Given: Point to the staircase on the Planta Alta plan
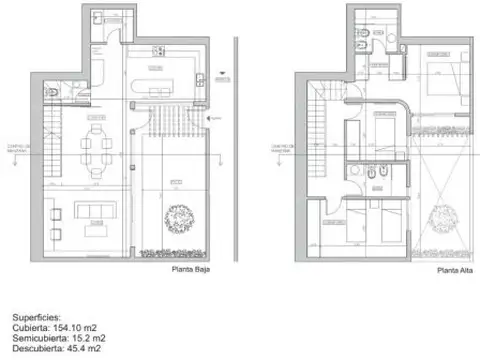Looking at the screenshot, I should coord(317,110).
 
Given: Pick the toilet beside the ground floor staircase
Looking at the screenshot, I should coord(64,90).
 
